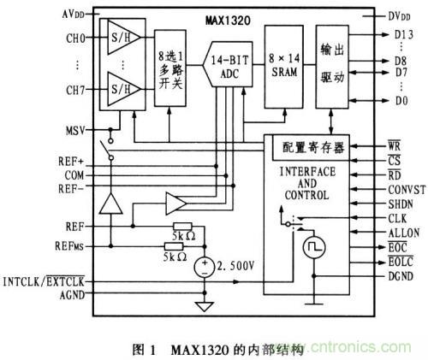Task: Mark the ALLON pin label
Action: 394,233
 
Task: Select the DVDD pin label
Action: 397,16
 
